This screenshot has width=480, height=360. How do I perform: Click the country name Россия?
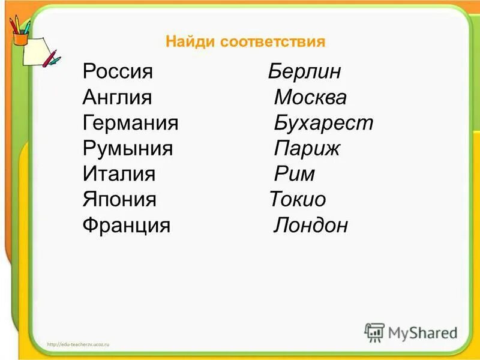[x=118, y=72]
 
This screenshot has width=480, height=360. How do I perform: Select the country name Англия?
[x=118, y=98]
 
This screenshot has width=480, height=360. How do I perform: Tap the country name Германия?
[x=131, y=124]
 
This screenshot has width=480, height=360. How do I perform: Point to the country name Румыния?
[x=128, y=149]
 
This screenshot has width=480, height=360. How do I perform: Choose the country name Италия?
[x=119, y=175]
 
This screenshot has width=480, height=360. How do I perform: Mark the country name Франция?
[x=127, y=226]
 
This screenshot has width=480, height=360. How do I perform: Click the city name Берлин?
[x=305, y=72]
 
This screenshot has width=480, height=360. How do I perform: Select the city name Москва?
[x=310, y=98]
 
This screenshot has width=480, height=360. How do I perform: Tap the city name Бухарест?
[x=323, y=124]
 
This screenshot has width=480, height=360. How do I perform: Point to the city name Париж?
[x=307, y=149]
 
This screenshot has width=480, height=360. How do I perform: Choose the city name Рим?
[x=294, y=175]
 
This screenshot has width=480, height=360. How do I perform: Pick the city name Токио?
[x=298, y=200]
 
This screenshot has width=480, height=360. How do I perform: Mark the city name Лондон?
[x=311, y=226]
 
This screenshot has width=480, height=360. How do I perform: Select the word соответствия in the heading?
[x=272, y=42]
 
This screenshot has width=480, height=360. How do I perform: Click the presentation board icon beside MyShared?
[x=374, y=332]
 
